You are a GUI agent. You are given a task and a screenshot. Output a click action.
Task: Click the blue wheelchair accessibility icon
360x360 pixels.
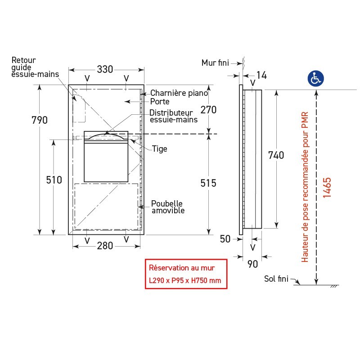[x=316, y=78]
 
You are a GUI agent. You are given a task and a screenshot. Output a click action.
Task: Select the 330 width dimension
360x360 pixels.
[x=105, y=69]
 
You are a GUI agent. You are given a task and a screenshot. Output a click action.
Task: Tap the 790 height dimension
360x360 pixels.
[x=40, y=120]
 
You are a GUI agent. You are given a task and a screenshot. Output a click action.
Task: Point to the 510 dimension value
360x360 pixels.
[x=54, y=180]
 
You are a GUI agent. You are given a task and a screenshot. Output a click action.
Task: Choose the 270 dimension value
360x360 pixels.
[x=208, y=110]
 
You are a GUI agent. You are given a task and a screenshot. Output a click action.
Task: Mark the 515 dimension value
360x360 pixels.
[x=208, y=183]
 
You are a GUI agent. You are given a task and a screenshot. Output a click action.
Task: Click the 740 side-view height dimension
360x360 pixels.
[x=276, y=155]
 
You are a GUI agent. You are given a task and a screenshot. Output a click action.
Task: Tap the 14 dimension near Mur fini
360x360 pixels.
[x=261, y=75]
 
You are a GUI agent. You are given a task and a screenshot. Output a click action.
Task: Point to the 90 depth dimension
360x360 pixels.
[x=253, y=264]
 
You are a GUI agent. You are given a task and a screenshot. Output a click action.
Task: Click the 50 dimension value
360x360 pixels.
[x=225, y=239]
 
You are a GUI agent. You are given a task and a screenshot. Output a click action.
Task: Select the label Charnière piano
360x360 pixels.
[x=179, y=93]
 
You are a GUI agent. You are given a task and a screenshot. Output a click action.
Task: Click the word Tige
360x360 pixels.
[x=159, y=148]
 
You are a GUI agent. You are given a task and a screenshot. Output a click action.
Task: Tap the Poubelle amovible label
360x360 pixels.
[x=168, y=207]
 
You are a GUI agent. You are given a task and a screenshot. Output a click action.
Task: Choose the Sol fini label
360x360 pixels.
[x=276, y=279]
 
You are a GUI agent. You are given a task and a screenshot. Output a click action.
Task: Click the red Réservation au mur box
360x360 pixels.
[x=185, y=274]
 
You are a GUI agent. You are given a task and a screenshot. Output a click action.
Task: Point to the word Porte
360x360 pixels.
[x=160, y=102]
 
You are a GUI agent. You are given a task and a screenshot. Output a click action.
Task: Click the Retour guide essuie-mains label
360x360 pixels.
[x=35, y=67]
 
